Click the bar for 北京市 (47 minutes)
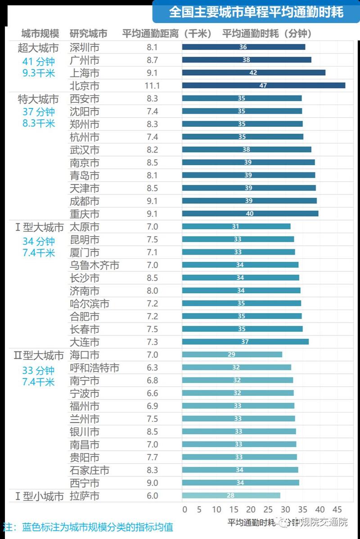point(264,85)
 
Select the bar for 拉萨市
point(231,496)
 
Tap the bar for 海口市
point(232,355)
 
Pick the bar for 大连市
point(245,342)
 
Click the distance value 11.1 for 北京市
point(153,85)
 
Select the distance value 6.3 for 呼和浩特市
point(153,368)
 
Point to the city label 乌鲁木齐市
point(94,265)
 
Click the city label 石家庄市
point(90,471)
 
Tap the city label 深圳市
point(85,47)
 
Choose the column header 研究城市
point(89,34)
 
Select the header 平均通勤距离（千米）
point(166,34)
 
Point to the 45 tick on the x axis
point(336,510)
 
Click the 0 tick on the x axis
point(184,510)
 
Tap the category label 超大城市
point(38,48)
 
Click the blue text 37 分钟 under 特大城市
point(39,112)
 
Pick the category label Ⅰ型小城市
point(39,496)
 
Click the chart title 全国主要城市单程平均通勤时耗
point(256,12)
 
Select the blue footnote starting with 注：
point(88,527)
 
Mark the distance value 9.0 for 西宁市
point(153,483)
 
